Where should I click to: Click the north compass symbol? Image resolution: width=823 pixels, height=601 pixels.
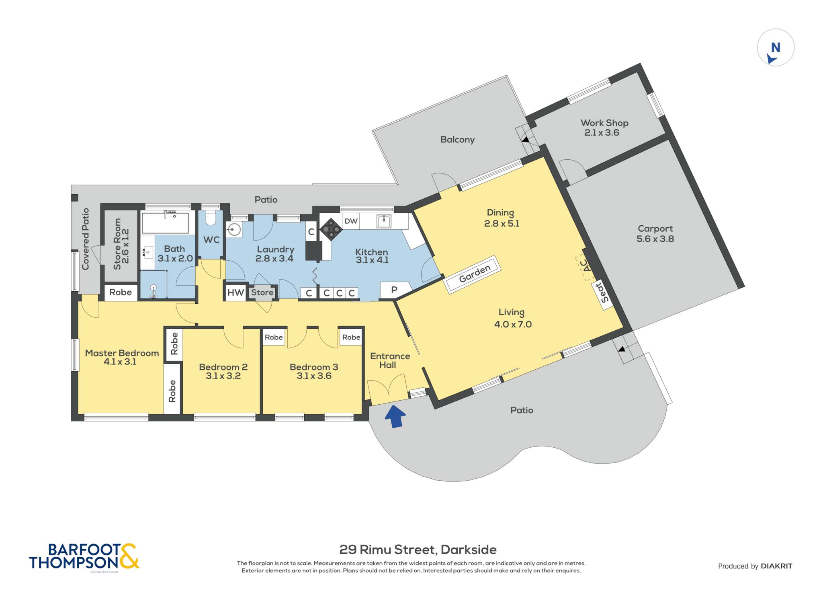(x=776, y=47)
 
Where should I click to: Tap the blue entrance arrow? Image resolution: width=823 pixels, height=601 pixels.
(x=395, y=416)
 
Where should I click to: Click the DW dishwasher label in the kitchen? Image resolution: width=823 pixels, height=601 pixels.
(x=351, y=221)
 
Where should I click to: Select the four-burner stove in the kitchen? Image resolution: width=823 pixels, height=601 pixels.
(x=331, y=229)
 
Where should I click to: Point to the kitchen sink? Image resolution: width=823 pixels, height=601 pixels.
(x=384, y=221)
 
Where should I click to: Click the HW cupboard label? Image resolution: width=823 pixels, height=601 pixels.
(x=235, y=292)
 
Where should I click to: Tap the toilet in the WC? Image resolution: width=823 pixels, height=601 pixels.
(x=211, y=218)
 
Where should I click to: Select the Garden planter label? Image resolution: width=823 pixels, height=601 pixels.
(x=475, y=274)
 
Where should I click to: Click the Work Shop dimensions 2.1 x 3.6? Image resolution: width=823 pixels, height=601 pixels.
(x=602, y=133)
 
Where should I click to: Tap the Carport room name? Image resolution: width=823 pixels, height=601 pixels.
(x=655, y=229)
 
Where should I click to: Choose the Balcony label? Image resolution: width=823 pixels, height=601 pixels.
(x=457, y=140)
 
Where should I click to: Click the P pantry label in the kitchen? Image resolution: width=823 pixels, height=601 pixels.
(x=394, y=289)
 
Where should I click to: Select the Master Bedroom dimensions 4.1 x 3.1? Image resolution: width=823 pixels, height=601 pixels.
(x=120, y=362)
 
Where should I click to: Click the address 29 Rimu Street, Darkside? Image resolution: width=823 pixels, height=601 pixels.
(x=418, y=550)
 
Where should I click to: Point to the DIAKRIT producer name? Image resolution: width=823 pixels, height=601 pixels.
(x=776, y=566)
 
